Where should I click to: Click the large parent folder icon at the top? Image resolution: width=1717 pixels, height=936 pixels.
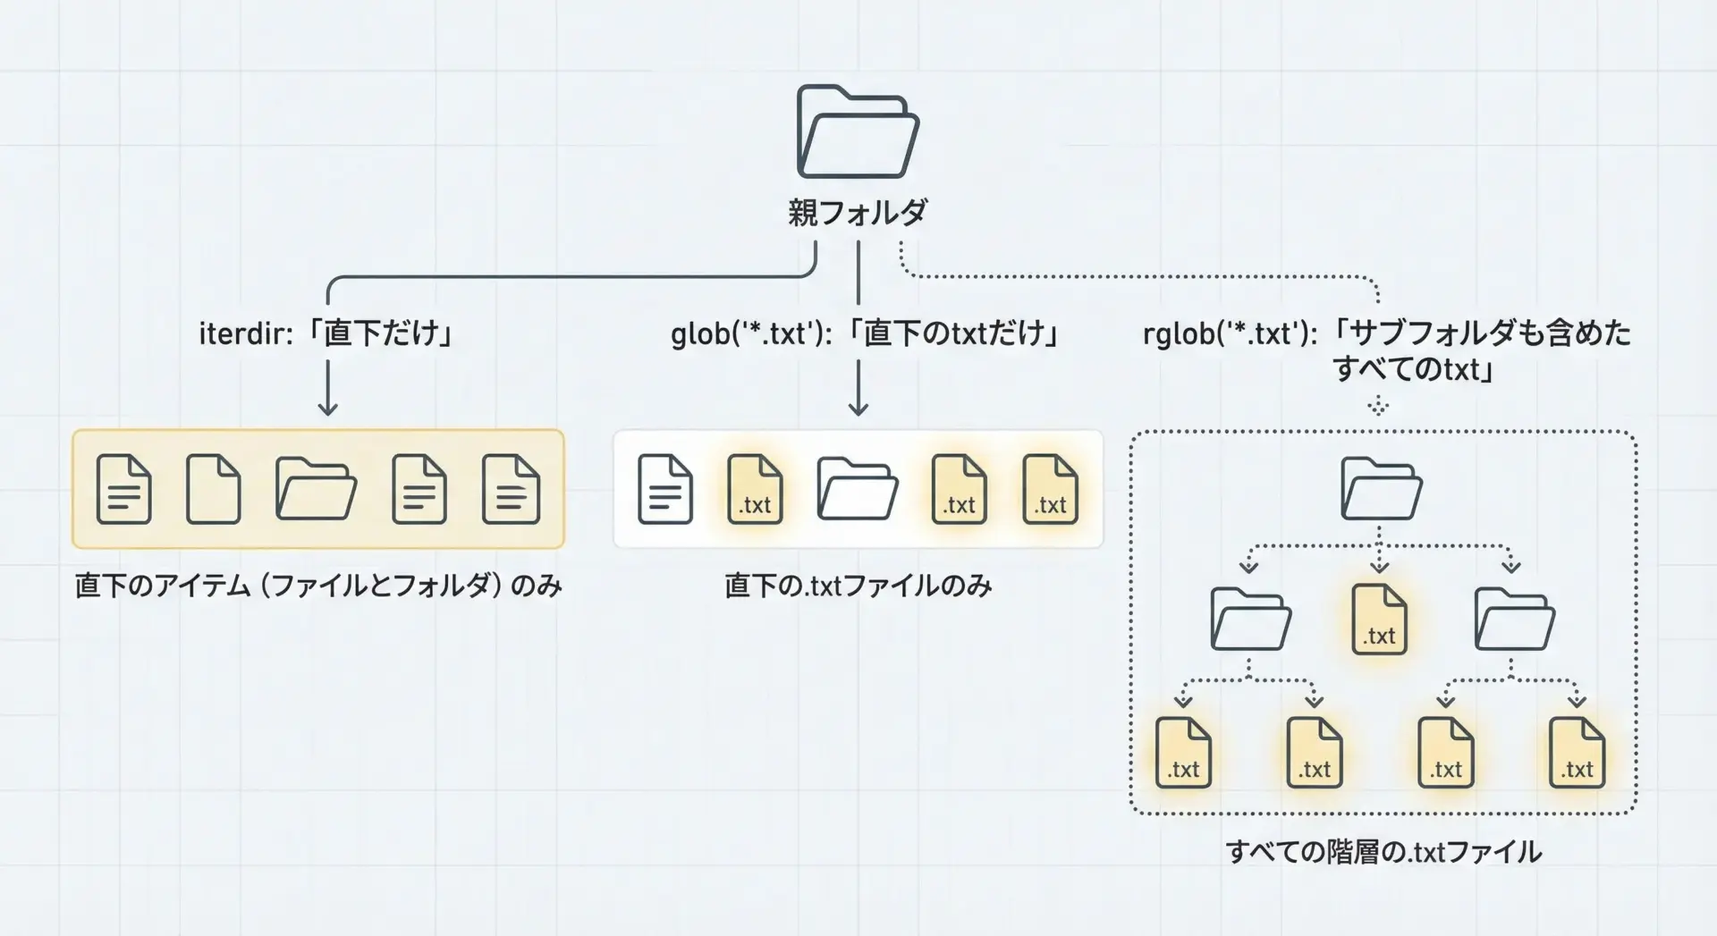click(x=858, y=132)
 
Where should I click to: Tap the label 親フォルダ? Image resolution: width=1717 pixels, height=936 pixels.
click(x=858, y=213)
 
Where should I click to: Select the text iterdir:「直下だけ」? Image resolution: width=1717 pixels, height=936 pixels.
click(x=327, y=333)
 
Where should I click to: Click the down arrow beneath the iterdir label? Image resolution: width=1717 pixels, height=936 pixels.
click(x=328, y=389)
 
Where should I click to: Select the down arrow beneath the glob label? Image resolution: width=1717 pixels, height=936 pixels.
click(x=858, y=389)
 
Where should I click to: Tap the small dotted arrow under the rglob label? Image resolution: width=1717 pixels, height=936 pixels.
click(x=1378, y=407)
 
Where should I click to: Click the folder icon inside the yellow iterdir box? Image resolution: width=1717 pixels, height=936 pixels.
click(x=316, y=489)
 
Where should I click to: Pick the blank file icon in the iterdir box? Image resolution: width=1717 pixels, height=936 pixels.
click(x=214, y=489)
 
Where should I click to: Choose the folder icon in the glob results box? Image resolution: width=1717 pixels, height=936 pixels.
click(x=857, y=489)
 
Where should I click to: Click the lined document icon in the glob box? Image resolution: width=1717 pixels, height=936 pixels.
click(x=665, y=489)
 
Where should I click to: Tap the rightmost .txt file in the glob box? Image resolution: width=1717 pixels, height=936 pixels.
click(x=1051, y=489)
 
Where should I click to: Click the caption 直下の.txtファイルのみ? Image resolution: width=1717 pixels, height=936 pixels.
click(x=858, y=586)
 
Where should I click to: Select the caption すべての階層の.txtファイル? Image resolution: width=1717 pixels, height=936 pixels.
click(x=1383, y=852)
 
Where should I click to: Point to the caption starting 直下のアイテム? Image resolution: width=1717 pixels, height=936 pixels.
click(x=318, y=586)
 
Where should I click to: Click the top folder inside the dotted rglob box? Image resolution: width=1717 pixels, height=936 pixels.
click(x=1381, y=489)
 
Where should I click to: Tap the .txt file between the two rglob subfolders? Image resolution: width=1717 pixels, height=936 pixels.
click(x=1379, y=620)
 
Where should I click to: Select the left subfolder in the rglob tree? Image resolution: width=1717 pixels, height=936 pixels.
click(x=1250, y=620)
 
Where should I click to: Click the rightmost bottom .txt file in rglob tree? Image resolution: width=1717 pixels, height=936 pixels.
click(x=1577, y=753)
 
